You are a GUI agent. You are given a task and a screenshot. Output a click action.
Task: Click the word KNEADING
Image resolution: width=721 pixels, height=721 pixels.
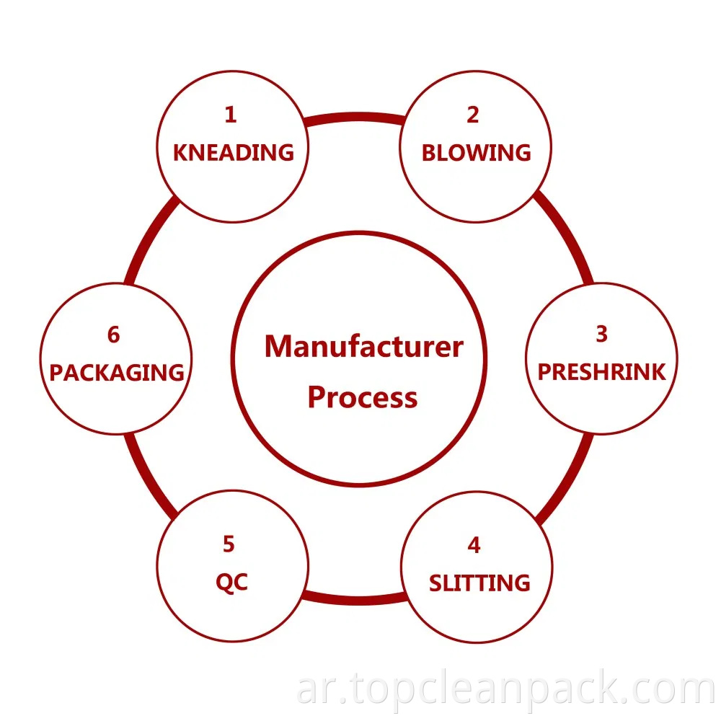pyautogui.click(x=234, y=153)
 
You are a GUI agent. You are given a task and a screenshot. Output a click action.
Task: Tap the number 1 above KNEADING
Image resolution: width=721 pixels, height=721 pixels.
pyautogui.click(x=230, y=115)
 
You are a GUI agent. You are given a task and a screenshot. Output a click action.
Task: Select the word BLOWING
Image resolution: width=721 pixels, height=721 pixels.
pyautogui.click(x=476, y=153)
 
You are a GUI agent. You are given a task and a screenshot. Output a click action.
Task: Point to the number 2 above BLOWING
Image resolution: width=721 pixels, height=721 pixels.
pyautogui.click(x=473, y=115)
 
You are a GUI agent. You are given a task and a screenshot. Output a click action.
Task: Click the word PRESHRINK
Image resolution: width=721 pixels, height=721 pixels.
pyautogui.click(x=602, y=372)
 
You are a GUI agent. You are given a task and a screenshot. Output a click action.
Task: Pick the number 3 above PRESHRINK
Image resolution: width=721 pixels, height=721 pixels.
pyautogui.click(x=601, y=334)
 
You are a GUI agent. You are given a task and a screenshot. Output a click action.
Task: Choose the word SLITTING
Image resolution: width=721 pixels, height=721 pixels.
pyautogui.click(x=479, y=583)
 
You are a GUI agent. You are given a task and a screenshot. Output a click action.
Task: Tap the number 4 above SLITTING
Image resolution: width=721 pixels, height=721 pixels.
pyautogui.click(x=474, y=545)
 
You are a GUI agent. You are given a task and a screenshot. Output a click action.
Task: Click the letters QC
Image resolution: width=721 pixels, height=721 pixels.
pyautogui.click(x=231, y=583)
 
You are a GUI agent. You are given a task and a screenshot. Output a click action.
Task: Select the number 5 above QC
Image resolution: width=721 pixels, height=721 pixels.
pyautogui.click(x=229, y=544)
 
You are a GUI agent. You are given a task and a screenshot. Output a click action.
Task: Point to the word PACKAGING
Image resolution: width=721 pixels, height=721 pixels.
pyautogui.click(x=117, y=373)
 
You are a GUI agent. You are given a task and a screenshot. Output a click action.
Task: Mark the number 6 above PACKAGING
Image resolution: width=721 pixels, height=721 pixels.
pyautogui.click(x=113, y=335)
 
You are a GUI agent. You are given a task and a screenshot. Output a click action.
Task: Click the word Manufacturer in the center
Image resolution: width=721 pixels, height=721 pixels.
pyautogui.click(x=363, y=347)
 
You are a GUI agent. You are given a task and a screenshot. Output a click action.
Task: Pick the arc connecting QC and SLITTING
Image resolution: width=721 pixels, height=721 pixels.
pyautogui.click(x=353, y=598)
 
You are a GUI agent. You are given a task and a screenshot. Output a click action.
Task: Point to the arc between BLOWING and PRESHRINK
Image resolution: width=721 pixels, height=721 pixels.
pyautogui.click(x=566, y=234)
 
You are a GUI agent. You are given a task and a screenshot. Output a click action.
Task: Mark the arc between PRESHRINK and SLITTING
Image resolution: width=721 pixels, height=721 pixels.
pyautogui.click(x=570, y=476)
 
